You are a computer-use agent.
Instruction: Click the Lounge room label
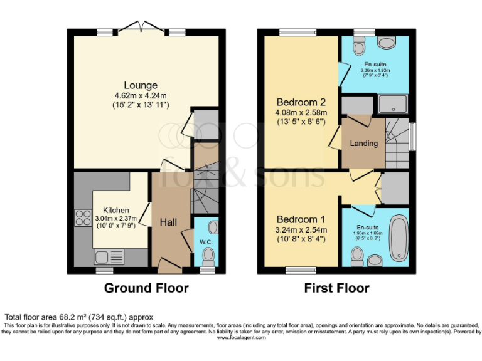click(x=141, y=85)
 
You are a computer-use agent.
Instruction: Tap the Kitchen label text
click(x=116, y=210)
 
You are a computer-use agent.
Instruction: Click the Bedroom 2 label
click(x=301, y=102)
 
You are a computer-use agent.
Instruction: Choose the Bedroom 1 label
click(x=301, y=219)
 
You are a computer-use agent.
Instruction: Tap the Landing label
click(x=364, y=144)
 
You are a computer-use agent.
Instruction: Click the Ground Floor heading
click(x=146, y=288)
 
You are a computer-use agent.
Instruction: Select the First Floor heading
click(x=336, y=288)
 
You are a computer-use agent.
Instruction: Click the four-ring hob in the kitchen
click(x=83, y=218)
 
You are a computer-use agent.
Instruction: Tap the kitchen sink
click(x=109, y=256)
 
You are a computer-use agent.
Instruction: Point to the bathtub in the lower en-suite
click(x=398, y=238)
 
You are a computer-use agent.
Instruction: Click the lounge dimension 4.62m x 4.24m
click(x=141, y=95)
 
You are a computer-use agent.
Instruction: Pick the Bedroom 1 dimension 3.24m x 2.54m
click(x=301, y=229)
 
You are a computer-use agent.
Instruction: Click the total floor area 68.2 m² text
click(x=78, y=317)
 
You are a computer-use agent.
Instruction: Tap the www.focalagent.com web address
click(x=241, y=338)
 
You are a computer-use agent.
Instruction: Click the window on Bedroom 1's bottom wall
click(x=299, y=271)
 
